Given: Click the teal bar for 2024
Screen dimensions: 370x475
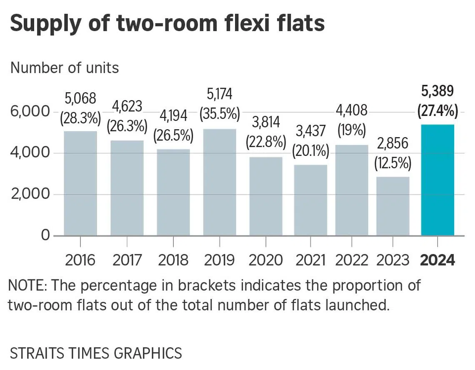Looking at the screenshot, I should pyautogui.click(x=437, y=180).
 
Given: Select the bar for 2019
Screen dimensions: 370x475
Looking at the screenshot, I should pyautogui.click(x=220, y=182).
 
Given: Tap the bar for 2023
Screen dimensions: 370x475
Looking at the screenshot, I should pyautogui.click(x=392, y=206).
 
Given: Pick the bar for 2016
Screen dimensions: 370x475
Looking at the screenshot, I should pyautogui.click(x=80, y=183).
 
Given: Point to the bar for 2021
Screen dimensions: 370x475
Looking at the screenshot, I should pyautogui.click(x=310, y=200).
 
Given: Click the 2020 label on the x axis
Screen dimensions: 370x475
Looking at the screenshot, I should pyautogui.click(x=265, y=260).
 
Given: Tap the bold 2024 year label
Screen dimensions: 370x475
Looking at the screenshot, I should pyautogui.click(x=437, y=260).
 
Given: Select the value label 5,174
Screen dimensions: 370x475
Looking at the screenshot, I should pyautogui.click(x=220, y=94).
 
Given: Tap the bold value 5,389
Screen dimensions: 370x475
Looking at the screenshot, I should pyautogui.click(x=437, y=91).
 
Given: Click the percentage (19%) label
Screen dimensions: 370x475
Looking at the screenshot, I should pyautogui.click(x=351, y=130).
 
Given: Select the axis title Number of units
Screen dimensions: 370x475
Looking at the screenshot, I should pyautogui.click(x=65, y=67).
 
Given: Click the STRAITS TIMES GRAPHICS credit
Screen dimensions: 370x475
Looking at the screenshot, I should pyautogui.click(x=96, y=353).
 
